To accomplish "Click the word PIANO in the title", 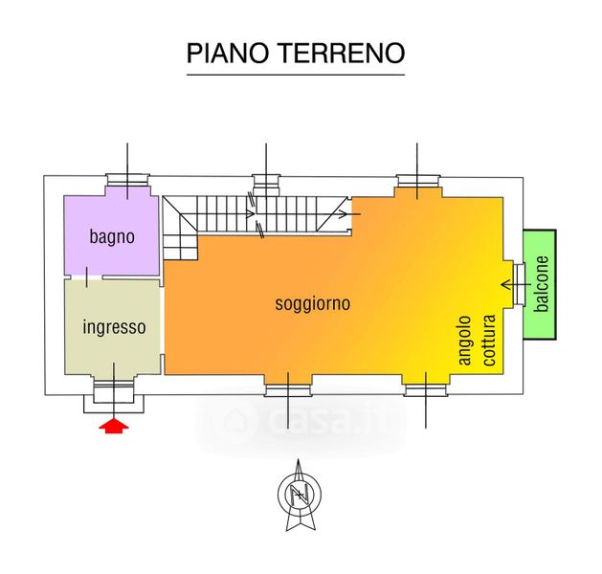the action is coord(227,53).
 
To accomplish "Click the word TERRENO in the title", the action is coord(342,53).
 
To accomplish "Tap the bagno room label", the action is coord(112,237).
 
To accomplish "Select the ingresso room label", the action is coord(115,327).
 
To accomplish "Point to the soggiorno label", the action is coord(313,304).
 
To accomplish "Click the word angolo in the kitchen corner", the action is coord(466,341).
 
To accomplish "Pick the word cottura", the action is coord(489,341).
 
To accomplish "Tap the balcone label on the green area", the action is coord(542,284).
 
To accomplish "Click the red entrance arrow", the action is coord(114,427).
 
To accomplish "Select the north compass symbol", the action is coord(300,495).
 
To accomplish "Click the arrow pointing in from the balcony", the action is coord(516,285).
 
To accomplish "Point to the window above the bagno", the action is coord(127,180).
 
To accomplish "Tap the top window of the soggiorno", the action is coord(417,180).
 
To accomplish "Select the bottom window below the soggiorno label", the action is coord(288,389).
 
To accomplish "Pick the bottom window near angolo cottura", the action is coord(425,389).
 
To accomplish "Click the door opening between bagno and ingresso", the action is coord(87,277).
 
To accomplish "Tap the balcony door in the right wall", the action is coord(520,284).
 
